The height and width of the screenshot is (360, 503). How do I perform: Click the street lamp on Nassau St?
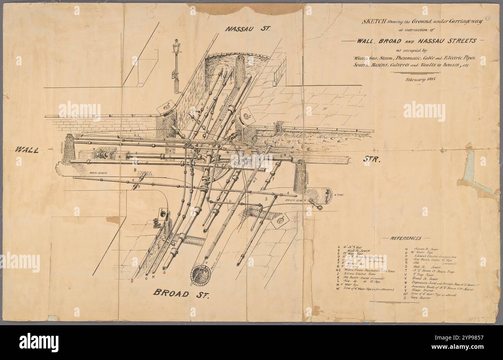point(176,66)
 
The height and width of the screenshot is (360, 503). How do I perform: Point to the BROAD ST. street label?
point(181,293)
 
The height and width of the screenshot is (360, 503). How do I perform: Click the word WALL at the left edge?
point(27,150)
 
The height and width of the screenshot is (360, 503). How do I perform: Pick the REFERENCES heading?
point(406,238)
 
